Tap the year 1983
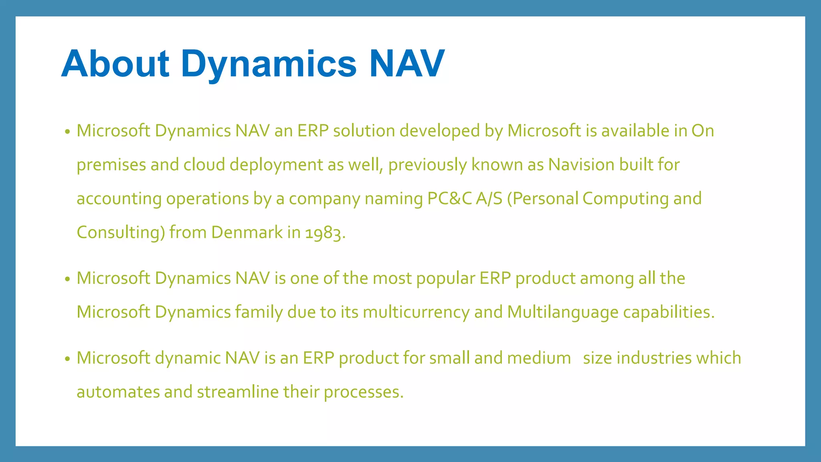(x=324, y=233)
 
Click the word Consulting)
(x=121, y=233)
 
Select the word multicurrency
(x=416, y=312)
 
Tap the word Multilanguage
(x=562, y=312)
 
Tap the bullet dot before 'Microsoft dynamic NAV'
(x=67, y=359)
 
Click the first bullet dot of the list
(x=67, y=132)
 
